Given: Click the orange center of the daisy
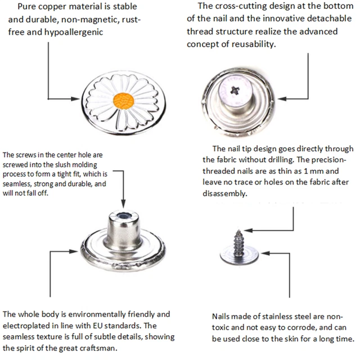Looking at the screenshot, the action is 124,101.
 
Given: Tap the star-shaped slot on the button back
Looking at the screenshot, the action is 235,90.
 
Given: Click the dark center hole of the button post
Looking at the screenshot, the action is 124,216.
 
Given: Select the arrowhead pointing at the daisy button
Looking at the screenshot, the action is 75,99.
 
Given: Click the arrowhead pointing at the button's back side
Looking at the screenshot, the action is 282,99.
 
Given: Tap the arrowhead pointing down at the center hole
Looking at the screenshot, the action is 123,204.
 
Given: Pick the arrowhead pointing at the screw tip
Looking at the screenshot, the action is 248,230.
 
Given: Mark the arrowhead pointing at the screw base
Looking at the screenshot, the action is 265,253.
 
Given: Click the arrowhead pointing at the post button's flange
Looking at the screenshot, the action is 74,251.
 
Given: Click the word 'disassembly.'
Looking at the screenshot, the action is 225,193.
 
